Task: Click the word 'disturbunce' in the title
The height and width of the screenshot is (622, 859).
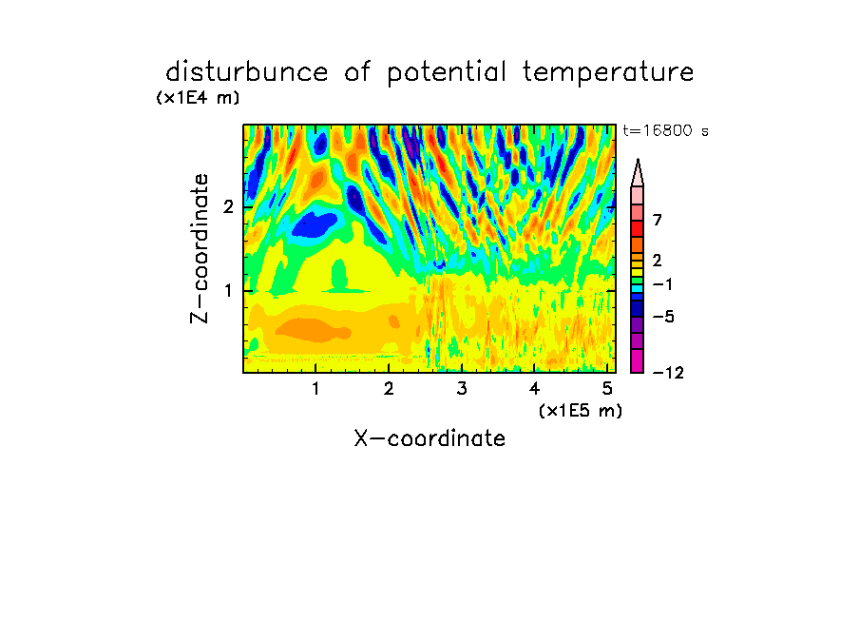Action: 247,71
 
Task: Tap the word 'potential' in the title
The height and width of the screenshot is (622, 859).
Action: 447,73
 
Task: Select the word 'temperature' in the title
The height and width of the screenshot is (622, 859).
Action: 608,73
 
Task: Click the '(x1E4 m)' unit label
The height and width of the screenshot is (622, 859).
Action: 198,98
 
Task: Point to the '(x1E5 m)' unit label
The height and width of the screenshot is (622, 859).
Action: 581,410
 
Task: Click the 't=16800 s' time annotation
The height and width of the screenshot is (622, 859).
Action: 665,131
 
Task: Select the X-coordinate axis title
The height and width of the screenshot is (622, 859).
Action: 429,438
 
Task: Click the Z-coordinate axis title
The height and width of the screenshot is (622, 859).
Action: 200,248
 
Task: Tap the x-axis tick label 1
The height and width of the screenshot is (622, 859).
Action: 316,389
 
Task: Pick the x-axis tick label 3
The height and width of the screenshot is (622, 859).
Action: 462,389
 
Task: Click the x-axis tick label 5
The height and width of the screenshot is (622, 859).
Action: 607,389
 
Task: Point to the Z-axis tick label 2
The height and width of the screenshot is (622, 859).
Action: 228,206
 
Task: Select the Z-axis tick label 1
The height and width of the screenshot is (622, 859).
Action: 229,290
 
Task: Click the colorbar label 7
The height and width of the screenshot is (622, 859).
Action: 658,220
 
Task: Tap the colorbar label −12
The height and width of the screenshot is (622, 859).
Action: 668,373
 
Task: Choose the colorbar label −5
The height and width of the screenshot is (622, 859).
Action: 663,317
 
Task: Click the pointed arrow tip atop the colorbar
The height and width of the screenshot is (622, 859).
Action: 638,160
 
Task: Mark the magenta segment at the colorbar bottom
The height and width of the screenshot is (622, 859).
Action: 638,360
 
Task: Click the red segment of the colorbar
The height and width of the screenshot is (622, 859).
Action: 638,228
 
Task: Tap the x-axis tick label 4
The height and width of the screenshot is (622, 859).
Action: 534,389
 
